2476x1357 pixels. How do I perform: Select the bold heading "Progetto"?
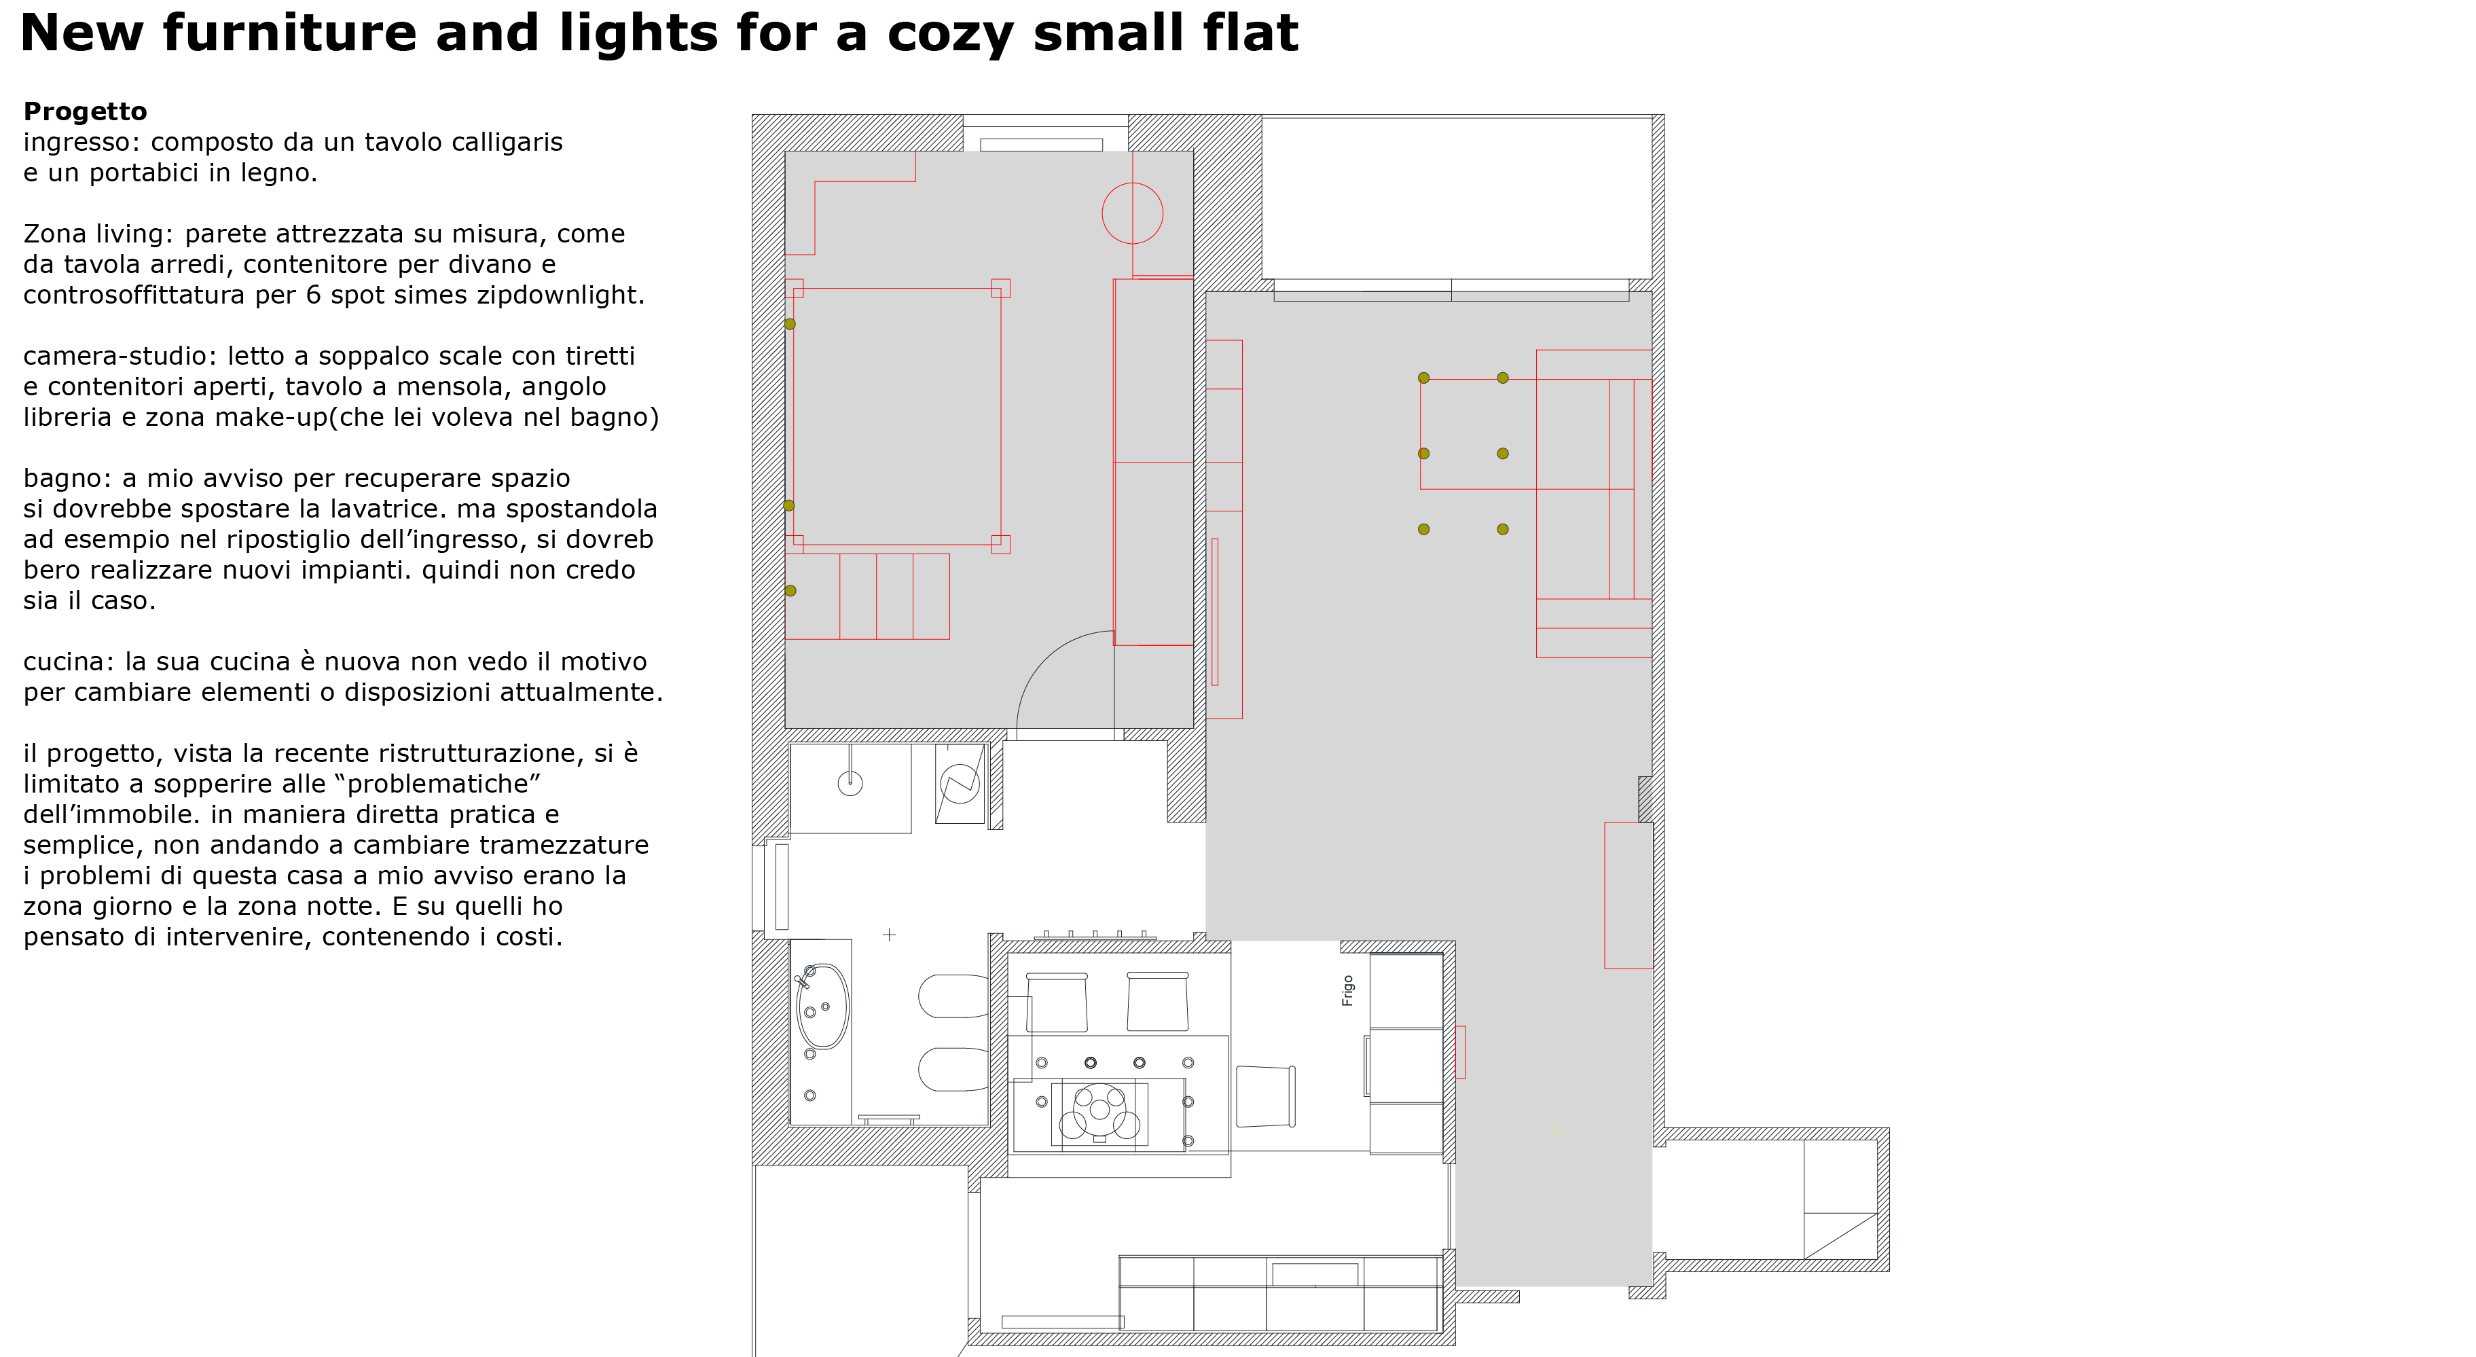[x=85, y=111]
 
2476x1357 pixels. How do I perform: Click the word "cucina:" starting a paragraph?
[x=69, y=662]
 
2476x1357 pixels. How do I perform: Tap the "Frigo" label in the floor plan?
[x=1347, y=990]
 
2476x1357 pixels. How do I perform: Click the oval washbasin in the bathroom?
[x=823, y=1007]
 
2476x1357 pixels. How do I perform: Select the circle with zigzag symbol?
[x=960, y=783]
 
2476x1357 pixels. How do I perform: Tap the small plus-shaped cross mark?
[x=889, y=934]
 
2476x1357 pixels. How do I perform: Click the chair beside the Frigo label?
[x=1266, y=1096]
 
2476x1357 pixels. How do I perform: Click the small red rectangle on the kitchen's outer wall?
[x=1460, y=1051]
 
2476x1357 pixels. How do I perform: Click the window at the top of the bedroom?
[x=1045, y=132]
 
